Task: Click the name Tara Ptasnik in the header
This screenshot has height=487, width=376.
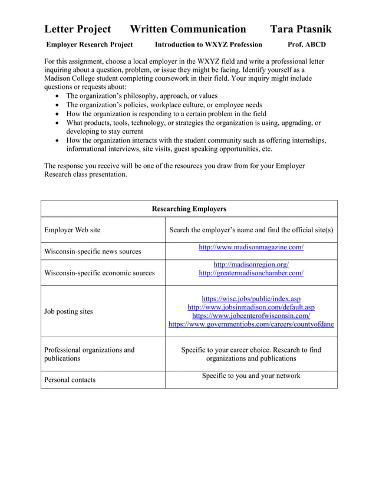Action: pyautogui.click(x=301, y=29)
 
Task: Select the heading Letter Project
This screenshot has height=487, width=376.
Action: pyautogui.click(x=77, y=29)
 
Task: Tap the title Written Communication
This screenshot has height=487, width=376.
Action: pyautogui.click(x=187, y=29)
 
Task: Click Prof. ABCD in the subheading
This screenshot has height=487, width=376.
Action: pyautogui.click(x=306, y=45)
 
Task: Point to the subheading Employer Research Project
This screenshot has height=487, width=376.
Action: pyautogui.click(x=90, y=45)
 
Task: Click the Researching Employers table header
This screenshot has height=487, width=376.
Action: pyautogui.click(x=189, y=209)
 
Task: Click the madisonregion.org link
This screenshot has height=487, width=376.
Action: pyautogui.click(x=251, y=265)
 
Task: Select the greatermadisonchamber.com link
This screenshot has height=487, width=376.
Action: pyautogui.click(x=251, y=273)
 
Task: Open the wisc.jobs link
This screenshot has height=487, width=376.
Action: pyautogui.click(x=251, y=298)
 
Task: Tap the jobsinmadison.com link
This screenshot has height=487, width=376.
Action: pyautogui.click(x=251, y=307)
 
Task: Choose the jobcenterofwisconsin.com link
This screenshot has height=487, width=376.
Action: pyautogui.click(x=251, y=315)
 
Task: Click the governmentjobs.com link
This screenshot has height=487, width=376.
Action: pyautogui.click(x=251, y=324)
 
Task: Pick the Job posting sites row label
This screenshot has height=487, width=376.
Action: pyautogui.click(x=68, y=311)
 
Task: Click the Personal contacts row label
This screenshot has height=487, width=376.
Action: pyautogui.click(x=70, y=380)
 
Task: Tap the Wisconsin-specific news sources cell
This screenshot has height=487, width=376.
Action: pyautogui.click(x=93, y=251)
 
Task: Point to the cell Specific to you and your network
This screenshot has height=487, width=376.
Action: pyautogui.click(x=251, y=376)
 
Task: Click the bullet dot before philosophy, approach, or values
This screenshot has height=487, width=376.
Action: pyautogui.click(x=57, y=96)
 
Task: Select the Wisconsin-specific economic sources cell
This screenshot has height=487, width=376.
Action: pyautogui.click(x=100, y=273)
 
